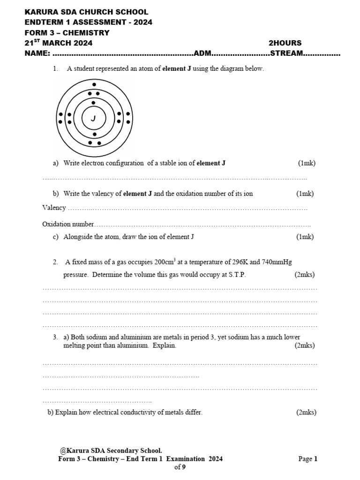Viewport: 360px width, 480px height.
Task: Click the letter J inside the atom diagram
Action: pyautogui.click(x=94, y=119)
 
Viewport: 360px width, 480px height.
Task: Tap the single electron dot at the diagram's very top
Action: pyautogui.click(x=94, y=85)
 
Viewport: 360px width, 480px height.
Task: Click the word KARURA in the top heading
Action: pyautogui.click(x=43, y=12)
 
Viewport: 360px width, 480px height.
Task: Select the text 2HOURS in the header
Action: pyautogui.click(x=285, y=43)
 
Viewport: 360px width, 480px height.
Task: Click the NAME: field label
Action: pyautogui.click(x=37, y=53)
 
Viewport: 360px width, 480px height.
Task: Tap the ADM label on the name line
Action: pyautogui.click(x=203, y=53)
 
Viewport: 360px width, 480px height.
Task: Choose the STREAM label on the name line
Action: pyautogui.click(x=286, y=53)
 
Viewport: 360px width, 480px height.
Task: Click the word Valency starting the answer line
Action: pyautogui.click(x=54, y=208)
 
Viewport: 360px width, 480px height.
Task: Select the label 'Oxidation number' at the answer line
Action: pyautogui.click(x=68, y=225)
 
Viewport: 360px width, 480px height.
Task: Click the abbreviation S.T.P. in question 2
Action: pyautogui.click(x=236, y=275)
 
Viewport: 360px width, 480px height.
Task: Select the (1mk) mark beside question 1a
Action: pyautogui.click(x=307, y=163)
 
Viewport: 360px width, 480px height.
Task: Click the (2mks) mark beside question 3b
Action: pyautogui.click(x=306, y=412)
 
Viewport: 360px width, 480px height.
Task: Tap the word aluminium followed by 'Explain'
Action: pyautogui.click(x=135, y=345)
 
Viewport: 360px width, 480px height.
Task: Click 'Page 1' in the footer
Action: pyautogui.click(x=308, y=459)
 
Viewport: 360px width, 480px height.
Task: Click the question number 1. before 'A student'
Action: pyautogui.click(x=56, y=69)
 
